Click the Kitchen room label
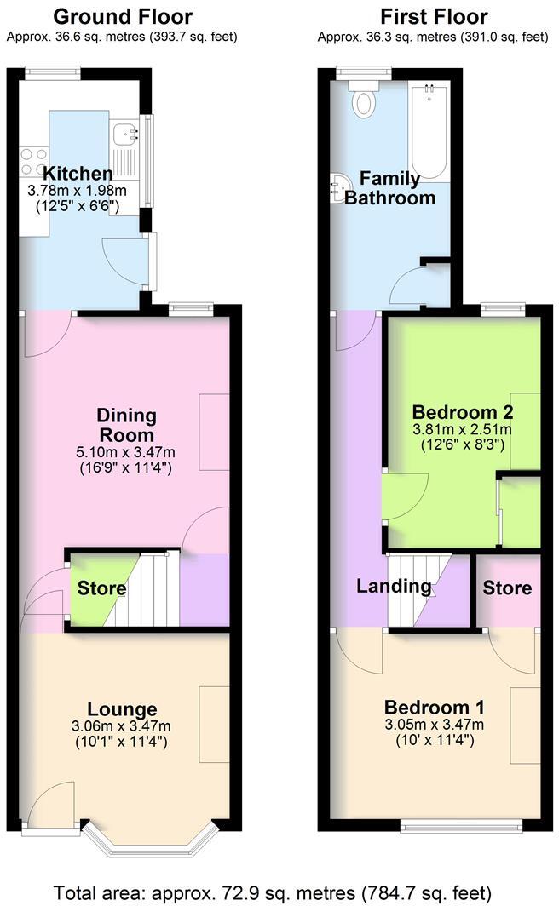78,174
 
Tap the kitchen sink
124,133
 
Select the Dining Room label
126,425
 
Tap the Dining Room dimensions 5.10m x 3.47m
126,452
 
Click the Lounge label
122,709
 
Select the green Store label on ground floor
101,588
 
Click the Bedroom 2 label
462,412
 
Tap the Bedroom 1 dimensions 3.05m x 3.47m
435,725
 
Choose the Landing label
394,587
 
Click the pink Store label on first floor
507,588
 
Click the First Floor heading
434,17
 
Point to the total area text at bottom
273,892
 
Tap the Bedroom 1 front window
462,825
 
